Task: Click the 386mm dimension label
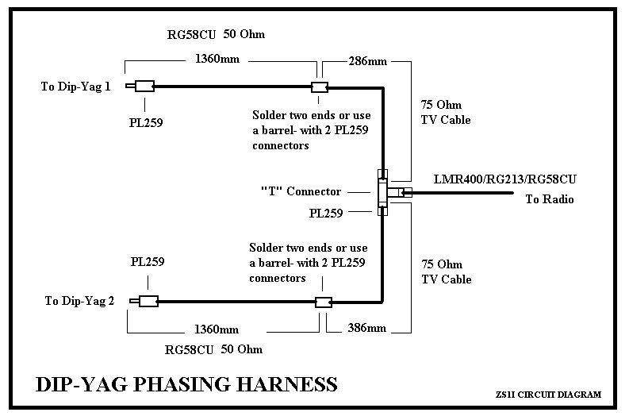pyautogui.click(x=367, y=327)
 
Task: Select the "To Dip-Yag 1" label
pyautogui.click(x=76, y=87)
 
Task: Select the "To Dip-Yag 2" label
pyautogui.click(x=79, y=301)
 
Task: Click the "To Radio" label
pyautogui.click(x=549, y=199)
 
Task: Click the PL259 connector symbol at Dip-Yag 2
pyautogui.click(x=148, y=301)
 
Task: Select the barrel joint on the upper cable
pyautogui.click(x=320, y=87)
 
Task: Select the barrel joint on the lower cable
pyautogui.click(x=323, y=302)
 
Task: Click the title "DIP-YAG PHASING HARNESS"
pyautogui.click(x=186, y=385)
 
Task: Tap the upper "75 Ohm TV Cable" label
pyautogui.click(x=445, y=112)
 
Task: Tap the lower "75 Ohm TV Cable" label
pyautogui.click(x=445, y=272)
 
